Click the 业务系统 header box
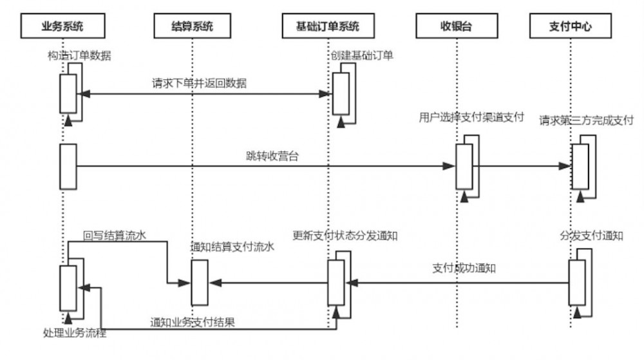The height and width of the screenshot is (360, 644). click(x=62, y=26)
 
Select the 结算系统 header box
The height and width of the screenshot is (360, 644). click(x=191, y=26)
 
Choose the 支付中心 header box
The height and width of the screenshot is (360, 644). click(x=570, y=26)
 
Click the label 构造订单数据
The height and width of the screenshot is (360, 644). click(x=79, y=56)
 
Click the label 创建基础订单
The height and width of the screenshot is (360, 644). click(x=362, y=56)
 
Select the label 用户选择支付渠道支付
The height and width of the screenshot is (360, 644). click(x=471, y=118)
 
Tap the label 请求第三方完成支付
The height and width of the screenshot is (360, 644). click(x=586, y=120)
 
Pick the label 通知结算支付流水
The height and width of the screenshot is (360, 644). click(x=232, y=247)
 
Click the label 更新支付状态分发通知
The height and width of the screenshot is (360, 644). click(x=345, y=236)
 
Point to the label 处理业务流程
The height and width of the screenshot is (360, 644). click(x=75, y=334)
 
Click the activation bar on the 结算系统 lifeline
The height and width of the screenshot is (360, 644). click(x=200, y=282)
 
